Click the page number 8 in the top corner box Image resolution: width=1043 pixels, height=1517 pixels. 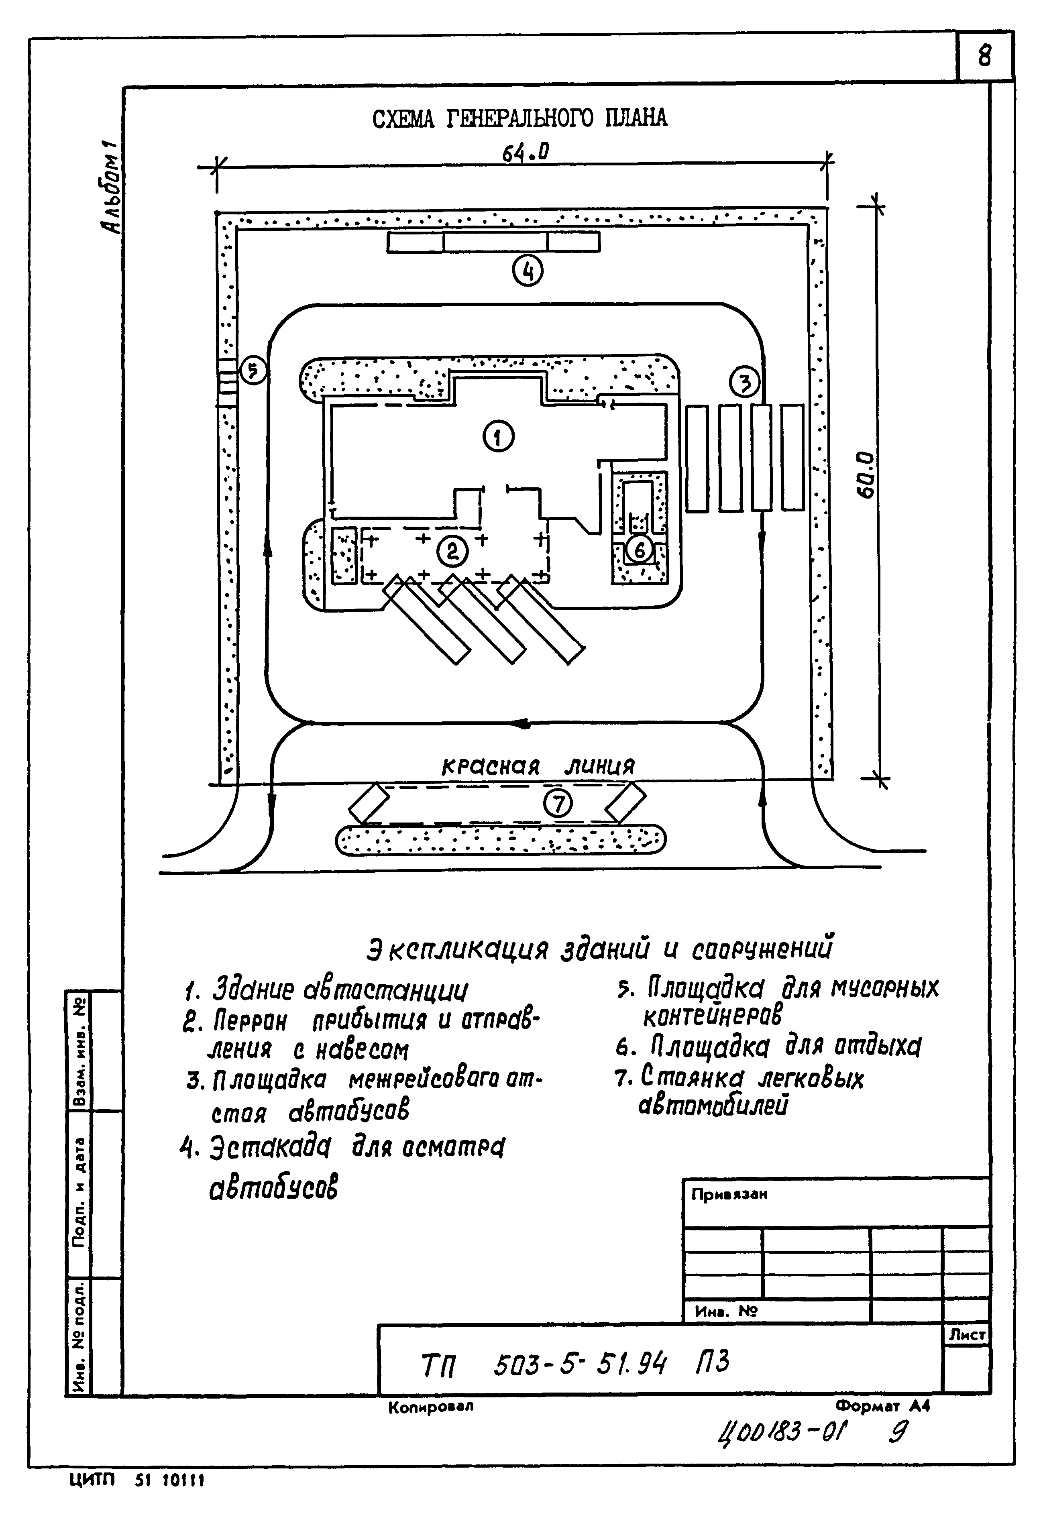click(984, 57)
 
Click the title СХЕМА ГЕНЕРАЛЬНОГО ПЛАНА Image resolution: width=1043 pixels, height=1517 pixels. click(520, 119)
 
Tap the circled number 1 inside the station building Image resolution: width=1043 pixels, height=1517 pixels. click(499, 437)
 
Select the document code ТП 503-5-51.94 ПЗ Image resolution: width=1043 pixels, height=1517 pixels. click(575, 1364)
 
